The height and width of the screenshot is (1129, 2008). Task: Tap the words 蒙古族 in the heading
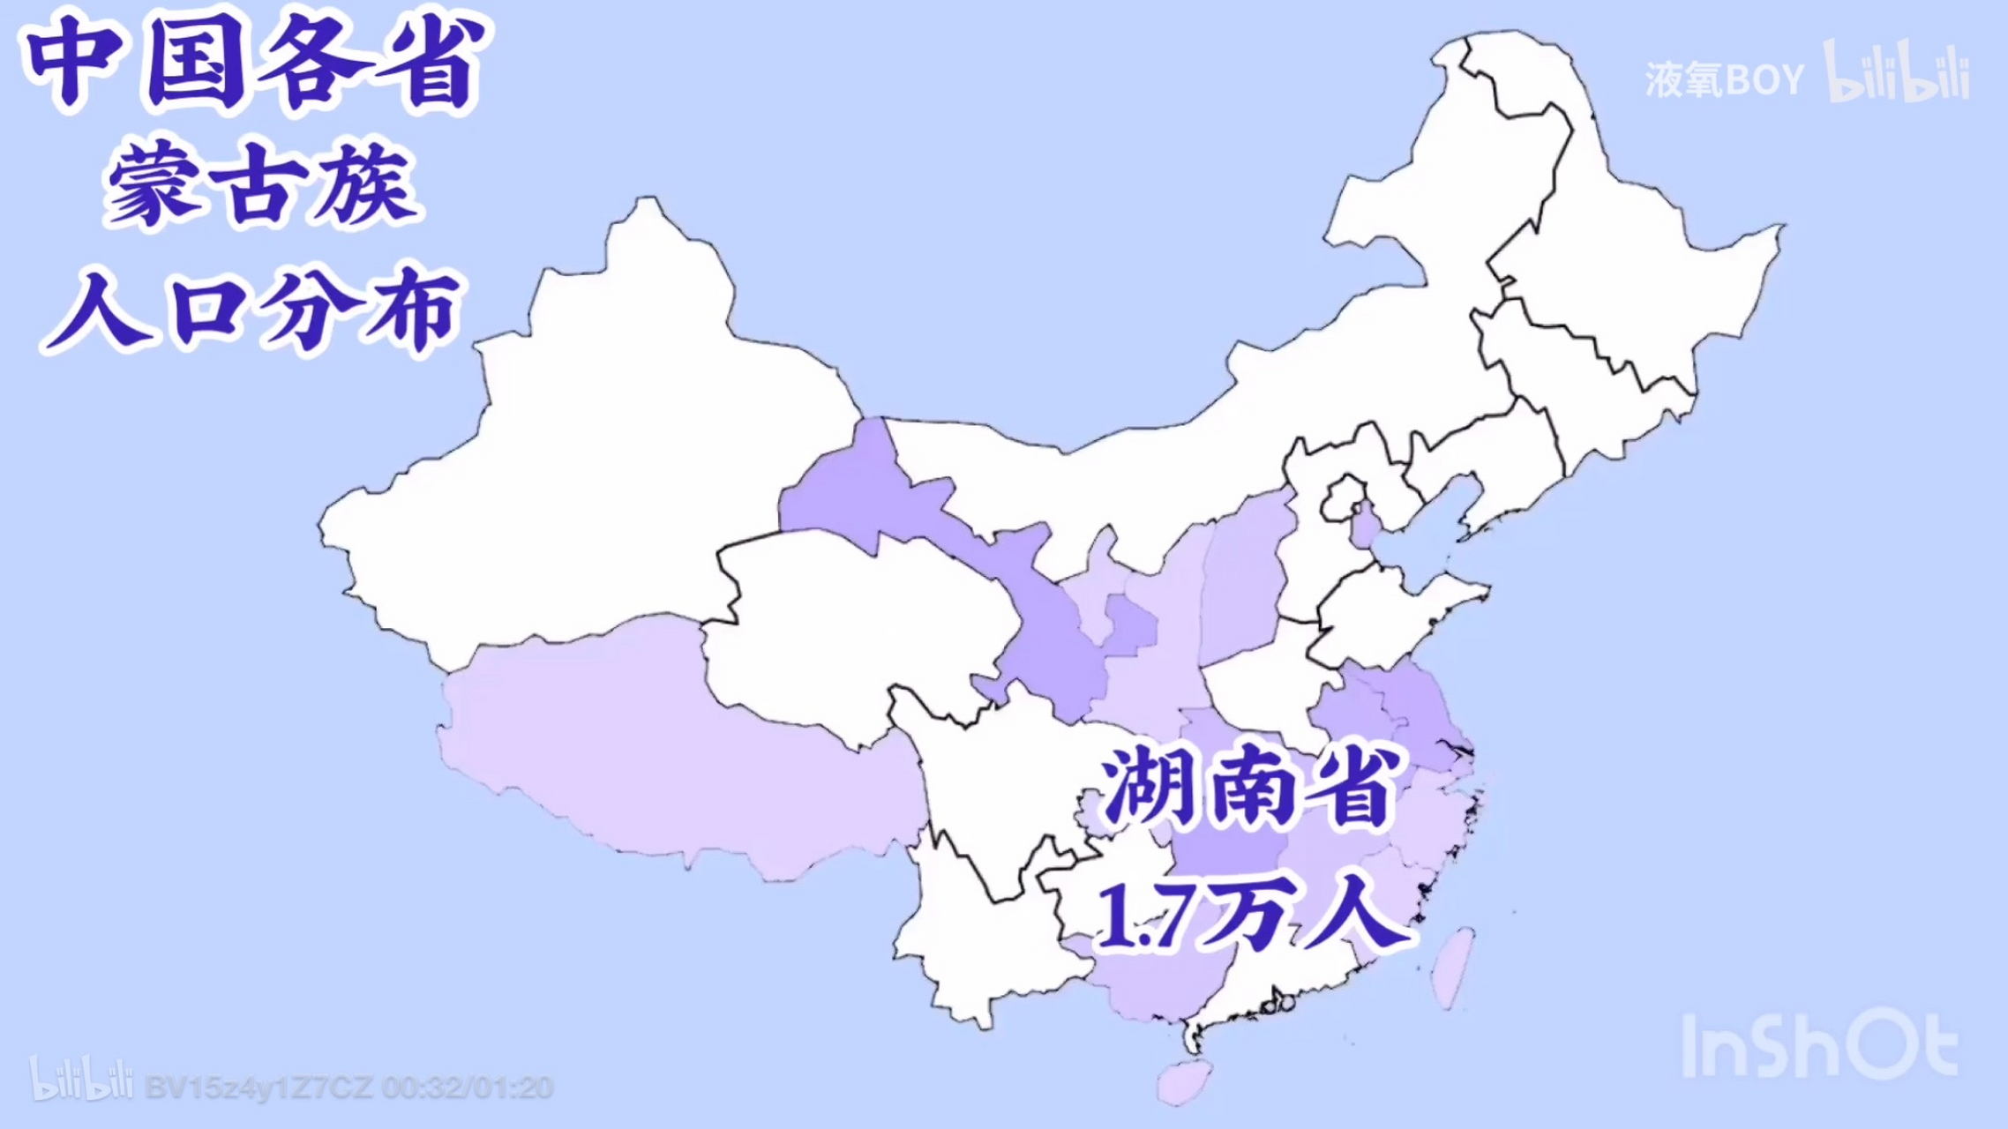click(x=261, y=185)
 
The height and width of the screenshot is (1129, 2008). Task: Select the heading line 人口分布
click(x=252, y=309)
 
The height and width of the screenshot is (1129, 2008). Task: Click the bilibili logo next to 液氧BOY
click(x=1897, y=72)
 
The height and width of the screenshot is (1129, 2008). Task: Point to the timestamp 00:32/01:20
click(x=468, y=1088)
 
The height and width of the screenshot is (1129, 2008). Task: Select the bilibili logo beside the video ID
click(x=81, y=1080)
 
